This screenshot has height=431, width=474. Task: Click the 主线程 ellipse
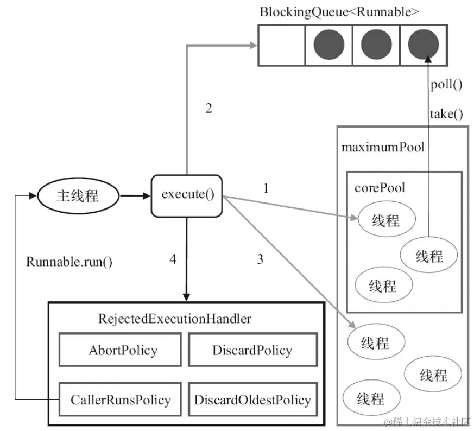78,195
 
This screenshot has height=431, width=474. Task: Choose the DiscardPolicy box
252,350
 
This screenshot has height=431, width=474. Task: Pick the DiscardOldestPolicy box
252,400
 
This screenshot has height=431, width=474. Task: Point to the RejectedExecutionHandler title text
175,319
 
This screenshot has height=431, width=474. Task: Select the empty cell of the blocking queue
280,45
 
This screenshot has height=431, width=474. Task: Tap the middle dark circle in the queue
376,45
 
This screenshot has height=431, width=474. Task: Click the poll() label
446,85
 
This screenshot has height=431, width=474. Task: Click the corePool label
380,188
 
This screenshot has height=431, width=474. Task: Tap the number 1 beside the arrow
266,188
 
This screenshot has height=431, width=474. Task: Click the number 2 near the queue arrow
208,109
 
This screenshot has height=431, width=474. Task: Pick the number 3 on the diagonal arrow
260,259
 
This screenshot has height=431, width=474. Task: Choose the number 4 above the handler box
173,259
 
